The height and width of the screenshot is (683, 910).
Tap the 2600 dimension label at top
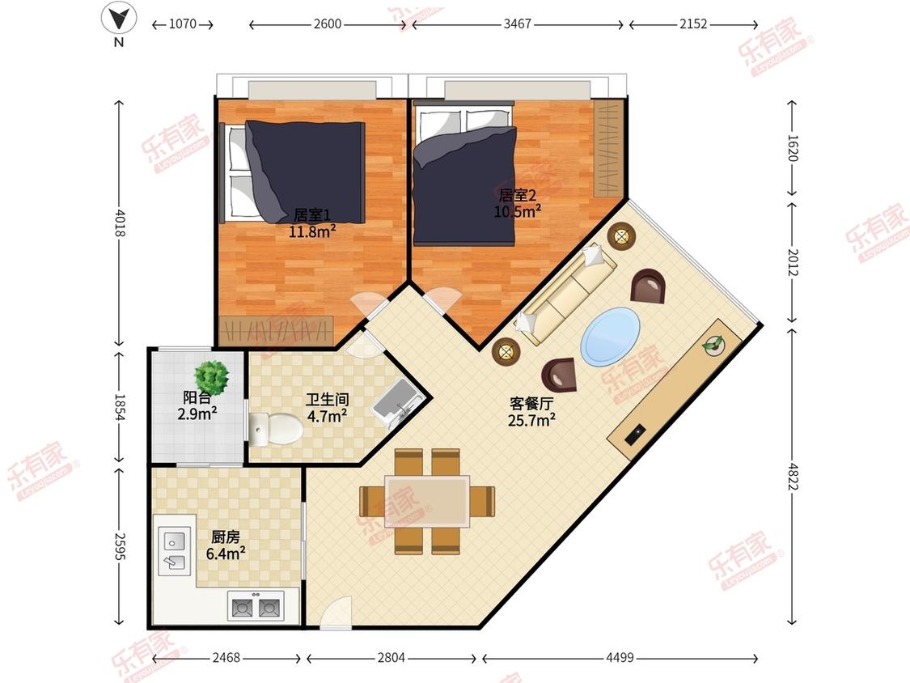pyautogui.click(x=328, y=24)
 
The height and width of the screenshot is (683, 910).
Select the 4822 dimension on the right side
pyautogui.click(x=793, y=477)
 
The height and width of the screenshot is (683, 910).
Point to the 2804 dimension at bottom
pyautogui.click(x=392, y=657)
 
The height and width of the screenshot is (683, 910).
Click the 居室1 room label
pyautogui.click(x=311, y=215)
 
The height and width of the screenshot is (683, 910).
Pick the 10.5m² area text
pyautogui.click(x=517, y=211)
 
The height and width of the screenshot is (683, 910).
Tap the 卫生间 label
pyautogui.click(x=328, y=400)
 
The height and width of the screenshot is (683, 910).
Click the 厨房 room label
pyautogui.click(x=225, y=537)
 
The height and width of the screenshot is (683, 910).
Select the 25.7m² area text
pyautogui.click(x=531, y=419)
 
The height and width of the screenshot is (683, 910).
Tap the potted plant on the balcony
pyautogui.click(x=211, y=377)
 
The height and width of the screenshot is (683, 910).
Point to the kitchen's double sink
pyautogui.click(x=174, y=551)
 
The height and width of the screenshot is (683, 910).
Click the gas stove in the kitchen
pyautogui.click(x=256, y=606)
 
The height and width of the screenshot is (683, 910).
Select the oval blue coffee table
pyautogui.click(x=611, y=337)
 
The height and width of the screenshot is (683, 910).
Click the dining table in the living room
pyautogui.click(x=427, y=501)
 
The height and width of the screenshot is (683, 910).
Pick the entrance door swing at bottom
pyautogui.click(x=336, y=613)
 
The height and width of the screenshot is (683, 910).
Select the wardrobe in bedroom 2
pyautogui.click(x=609, y=148)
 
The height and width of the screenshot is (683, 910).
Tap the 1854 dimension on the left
pyautogui.click(x=119, y=408)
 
